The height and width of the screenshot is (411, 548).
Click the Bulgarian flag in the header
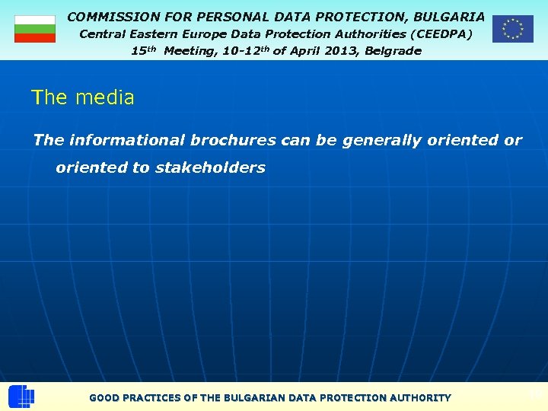(35, 29)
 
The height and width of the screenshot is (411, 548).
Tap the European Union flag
(512, 29)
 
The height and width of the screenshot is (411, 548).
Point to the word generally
(378, 140)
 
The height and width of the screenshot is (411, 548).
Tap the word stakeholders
(210, 167)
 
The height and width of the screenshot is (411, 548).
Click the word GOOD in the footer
(104, 397)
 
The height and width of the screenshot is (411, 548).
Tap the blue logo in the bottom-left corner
(21, 397)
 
